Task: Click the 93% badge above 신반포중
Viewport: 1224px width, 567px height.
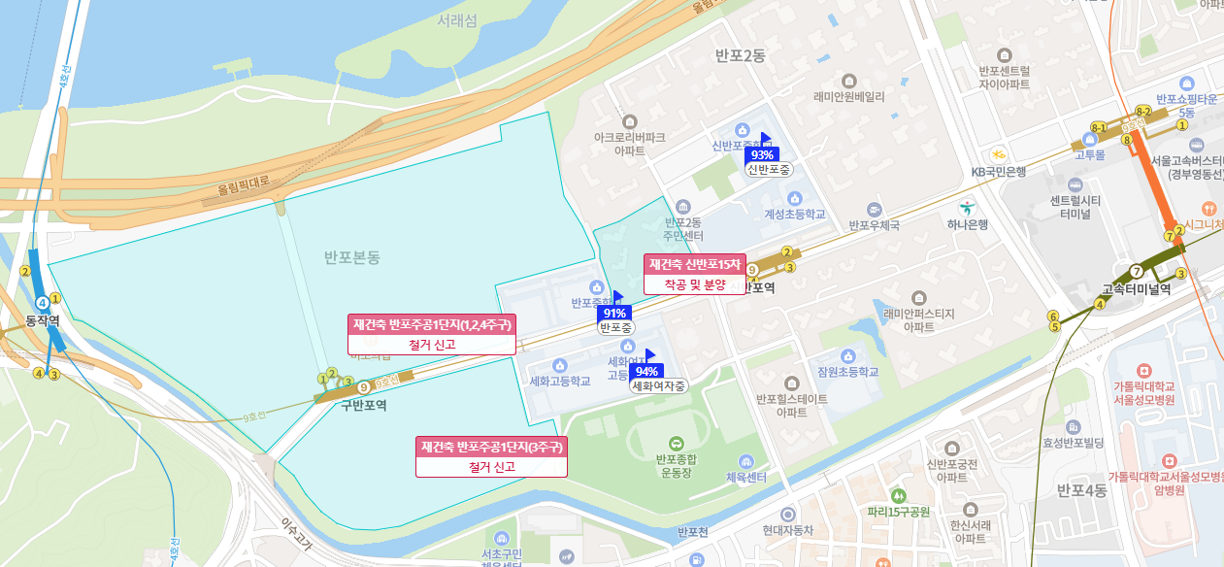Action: [x=762, y=154]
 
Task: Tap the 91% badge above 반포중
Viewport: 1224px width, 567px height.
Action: [x=614, y=313]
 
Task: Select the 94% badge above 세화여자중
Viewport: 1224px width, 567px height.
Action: [x=646, y=371]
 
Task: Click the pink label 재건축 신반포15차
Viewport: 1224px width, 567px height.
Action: [x=695, y=265]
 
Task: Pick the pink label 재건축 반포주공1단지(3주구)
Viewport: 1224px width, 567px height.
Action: [x=491, y=448]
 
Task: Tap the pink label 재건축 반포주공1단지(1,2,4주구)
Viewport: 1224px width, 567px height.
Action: [x=432, y=324]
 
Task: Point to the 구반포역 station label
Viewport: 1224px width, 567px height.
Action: [x=364, y=406]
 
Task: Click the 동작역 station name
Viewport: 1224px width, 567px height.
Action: [x=43, y=320]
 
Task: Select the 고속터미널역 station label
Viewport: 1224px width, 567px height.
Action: [x=1137, y=288]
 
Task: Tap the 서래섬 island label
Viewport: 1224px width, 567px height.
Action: [x=456, y=20]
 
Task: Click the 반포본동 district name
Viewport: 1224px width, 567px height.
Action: [x=352, y=257]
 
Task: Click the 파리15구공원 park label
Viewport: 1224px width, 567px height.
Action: [x=899, y=512]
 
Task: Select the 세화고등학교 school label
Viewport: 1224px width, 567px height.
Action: [x=560, y=382]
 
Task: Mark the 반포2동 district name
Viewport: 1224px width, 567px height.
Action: [x=740, y=56]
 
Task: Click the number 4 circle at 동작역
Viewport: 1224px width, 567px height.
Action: [x=43, y=304]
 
